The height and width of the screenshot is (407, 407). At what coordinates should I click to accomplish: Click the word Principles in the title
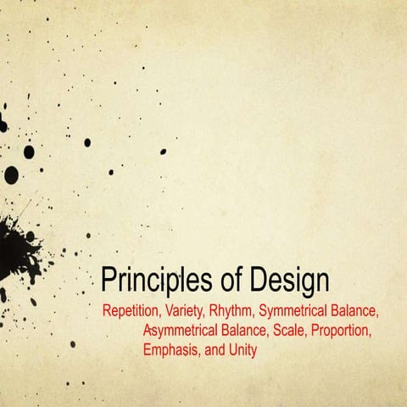(x=152, y=281)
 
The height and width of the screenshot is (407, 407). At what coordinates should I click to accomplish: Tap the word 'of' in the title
(x=221, y=281)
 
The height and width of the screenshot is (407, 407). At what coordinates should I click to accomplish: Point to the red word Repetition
(x=132, y=309)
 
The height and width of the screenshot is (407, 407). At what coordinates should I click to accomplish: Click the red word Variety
(x=189, y=309)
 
